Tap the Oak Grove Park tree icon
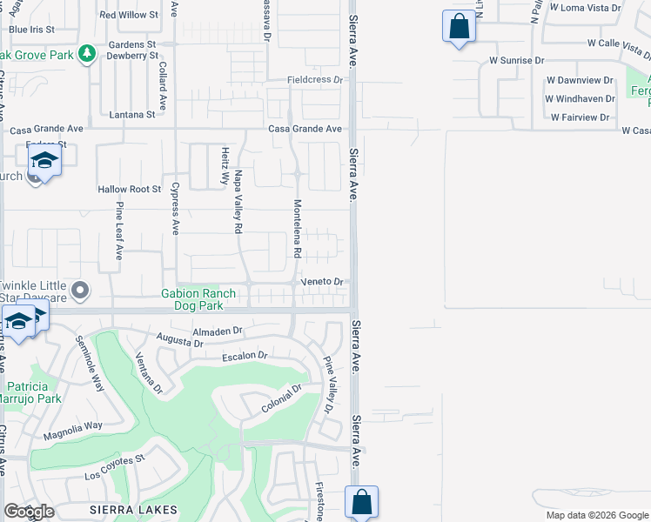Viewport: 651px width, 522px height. click(x=86, y=55)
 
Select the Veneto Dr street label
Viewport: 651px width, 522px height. click(x=323, y=282)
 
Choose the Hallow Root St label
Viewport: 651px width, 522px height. click(x=130, y=189)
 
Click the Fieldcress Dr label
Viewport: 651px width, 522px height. click(x=316, y=80)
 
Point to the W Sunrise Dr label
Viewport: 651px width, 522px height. click(x=516, y=61)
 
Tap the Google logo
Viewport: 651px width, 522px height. click(x=29, y=512)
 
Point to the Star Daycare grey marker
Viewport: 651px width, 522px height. click(x=81, y=290)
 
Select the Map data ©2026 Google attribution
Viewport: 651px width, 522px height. click(x=597, y=515)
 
